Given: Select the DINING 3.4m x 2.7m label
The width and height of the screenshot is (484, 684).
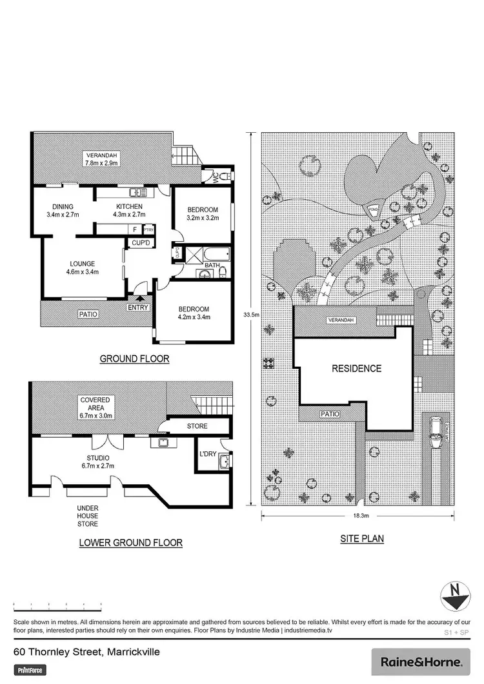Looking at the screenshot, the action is [x=63, y=211].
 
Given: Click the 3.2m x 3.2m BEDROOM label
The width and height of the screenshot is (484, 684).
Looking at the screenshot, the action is [x=203, y=213].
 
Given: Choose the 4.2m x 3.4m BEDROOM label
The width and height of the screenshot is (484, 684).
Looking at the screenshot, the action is [x=194, y=313].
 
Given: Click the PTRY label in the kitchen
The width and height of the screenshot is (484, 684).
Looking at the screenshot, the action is [x=148, y=229].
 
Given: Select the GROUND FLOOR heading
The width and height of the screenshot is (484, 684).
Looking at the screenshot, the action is [x=134, y=359].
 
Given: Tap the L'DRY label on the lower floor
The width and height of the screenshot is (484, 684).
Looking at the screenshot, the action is [x=207, y=454].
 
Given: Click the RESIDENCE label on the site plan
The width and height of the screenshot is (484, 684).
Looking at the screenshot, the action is [x=356, y=369].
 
